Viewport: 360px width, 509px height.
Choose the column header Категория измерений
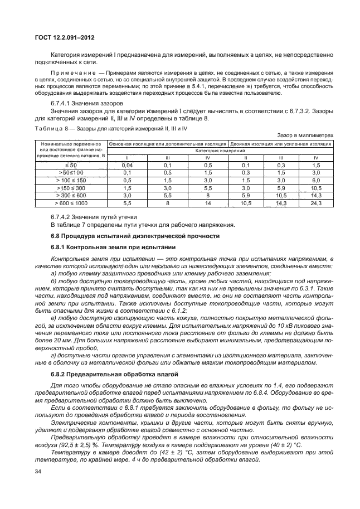point(221,151)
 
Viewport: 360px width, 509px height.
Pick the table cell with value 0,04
point(127,166)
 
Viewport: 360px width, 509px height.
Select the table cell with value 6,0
point(315,180)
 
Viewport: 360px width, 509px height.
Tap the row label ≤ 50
point(68,166)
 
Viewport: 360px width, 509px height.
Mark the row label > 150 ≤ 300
point(68,188)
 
